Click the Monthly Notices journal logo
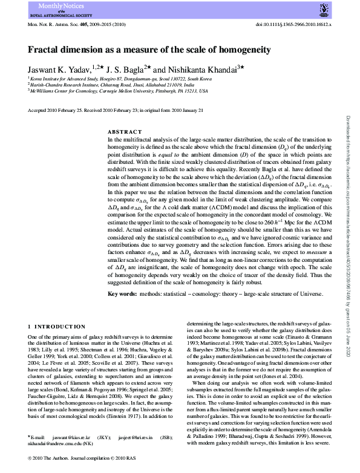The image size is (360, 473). pyautogui.click(x=54, y=8)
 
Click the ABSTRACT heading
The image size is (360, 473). pyautogui.click(x=124, y=131)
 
